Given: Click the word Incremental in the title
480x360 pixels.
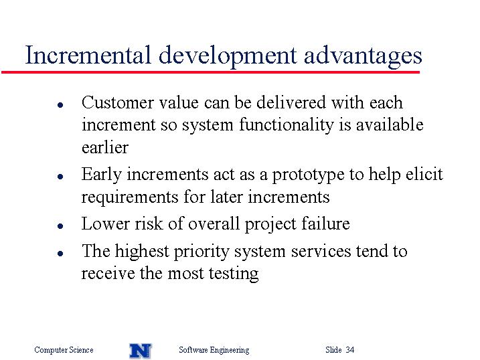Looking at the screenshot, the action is click(88, 55).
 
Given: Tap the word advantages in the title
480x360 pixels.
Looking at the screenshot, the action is click(363, 57).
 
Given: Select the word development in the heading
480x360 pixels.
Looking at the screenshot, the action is click(228, 57).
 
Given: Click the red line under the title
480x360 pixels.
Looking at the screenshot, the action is click(210, 72).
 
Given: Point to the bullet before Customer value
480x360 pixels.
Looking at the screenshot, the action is click(60, 105).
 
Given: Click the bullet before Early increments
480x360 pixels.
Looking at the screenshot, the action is click(60, 177).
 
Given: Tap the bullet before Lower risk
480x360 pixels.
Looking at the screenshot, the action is click(60, 226).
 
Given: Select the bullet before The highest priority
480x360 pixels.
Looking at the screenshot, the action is click(60, 253).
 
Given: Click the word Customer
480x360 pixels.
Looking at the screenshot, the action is click(118, 102).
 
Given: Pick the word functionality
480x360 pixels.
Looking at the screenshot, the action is click(287, 126).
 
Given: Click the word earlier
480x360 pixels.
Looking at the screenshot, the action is click(105, 147).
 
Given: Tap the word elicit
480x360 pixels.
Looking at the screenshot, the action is click(424, 174).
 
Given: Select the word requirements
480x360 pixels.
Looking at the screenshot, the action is click(130, 197).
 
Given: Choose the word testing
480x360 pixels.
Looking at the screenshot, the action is click(234, 274).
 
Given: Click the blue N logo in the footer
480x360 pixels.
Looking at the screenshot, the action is click(141, 351).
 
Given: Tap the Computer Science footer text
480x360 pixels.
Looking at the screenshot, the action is click(64, 349).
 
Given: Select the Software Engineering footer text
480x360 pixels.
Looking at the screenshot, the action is click(214, 350).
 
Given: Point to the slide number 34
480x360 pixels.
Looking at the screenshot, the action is click(350, 349).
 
